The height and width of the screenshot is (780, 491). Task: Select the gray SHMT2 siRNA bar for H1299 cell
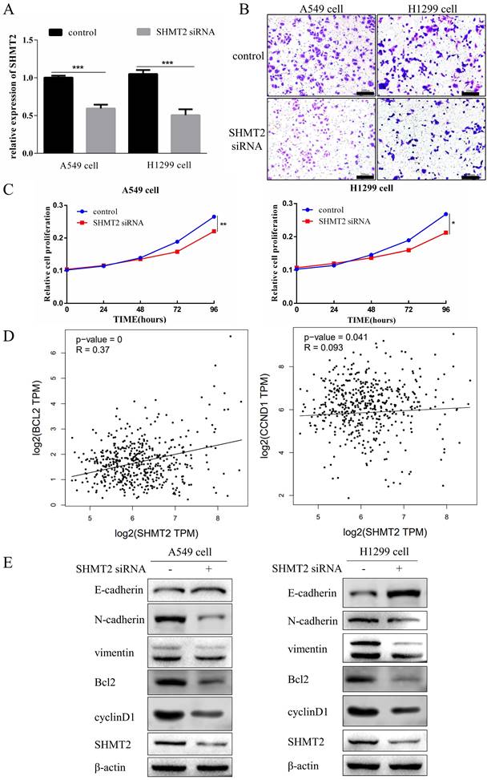pos(184,133)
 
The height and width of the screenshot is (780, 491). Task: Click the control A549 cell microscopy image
pos(320,55)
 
